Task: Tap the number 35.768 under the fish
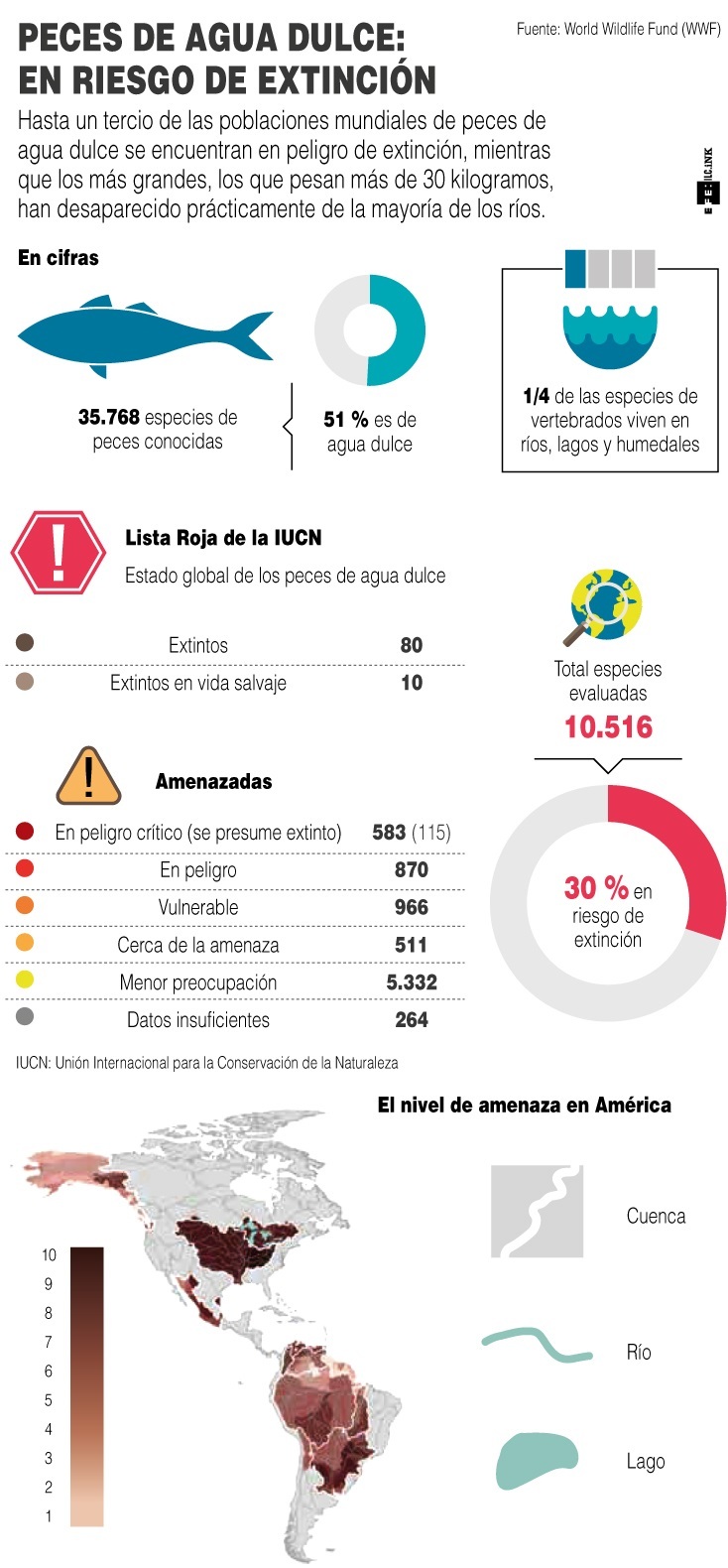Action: tap(109, 418)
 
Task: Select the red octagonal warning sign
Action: tap(58, 553)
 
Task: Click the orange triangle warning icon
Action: tap(89, 777)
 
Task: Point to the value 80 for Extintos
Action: tap(412, 645)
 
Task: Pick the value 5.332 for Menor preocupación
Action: tap(412, 982)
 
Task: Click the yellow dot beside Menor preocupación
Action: tap(25, 980)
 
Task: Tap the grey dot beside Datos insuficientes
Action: tap(25, 1017)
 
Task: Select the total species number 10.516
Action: tap(608, 727)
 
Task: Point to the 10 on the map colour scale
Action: tap(49, 1255)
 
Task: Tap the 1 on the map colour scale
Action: tap(49, 1516)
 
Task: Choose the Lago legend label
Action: tap(645, 1462)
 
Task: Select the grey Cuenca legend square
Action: tap(537, 1212)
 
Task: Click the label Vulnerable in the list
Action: tap(198, 908)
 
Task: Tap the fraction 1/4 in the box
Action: tap(536, 397)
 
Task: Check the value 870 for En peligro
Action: tap(412, 870)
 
